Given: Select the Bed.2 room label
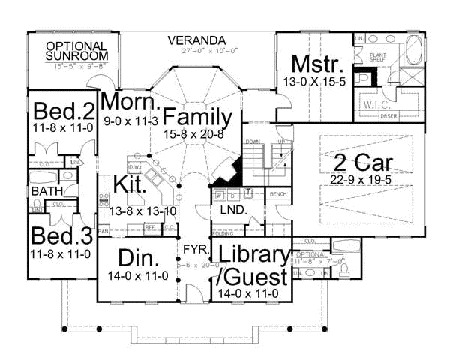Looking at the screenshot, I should click(63, 112).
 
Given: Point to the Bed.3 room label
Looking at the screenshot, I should click(61, 237).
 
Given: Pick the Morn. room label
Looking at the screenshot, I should click(129, 102).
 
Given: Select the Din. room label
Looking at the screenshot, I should click(138, 259).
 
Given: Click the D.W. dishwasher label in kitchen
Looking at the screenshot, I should click(136, 167).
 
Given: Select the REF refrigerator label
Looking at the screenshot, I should click(149, 226).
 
